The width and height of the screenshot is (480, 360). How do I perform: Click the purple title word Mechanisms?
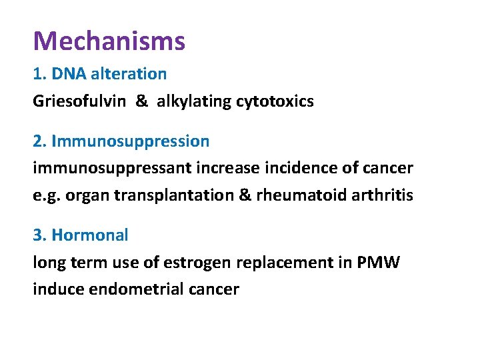[x=109, y=41]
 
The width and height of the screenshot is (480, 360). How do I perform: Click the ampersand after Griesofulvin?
[x=142, y=101]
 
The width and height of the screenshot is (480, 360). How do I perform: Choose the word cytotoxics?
[x=275, y=101]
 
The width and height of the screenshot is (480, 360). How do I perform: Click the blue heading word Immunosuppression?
[x=130, y=141]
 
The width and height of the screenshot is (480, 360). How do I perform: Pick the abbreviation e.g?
[x=45, y=195]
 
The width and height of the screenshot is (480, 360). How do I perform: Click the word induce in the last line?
[x=55, y=289]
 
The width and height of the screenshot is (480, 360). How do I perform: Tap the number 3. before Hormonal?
[x=39, y=235]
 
